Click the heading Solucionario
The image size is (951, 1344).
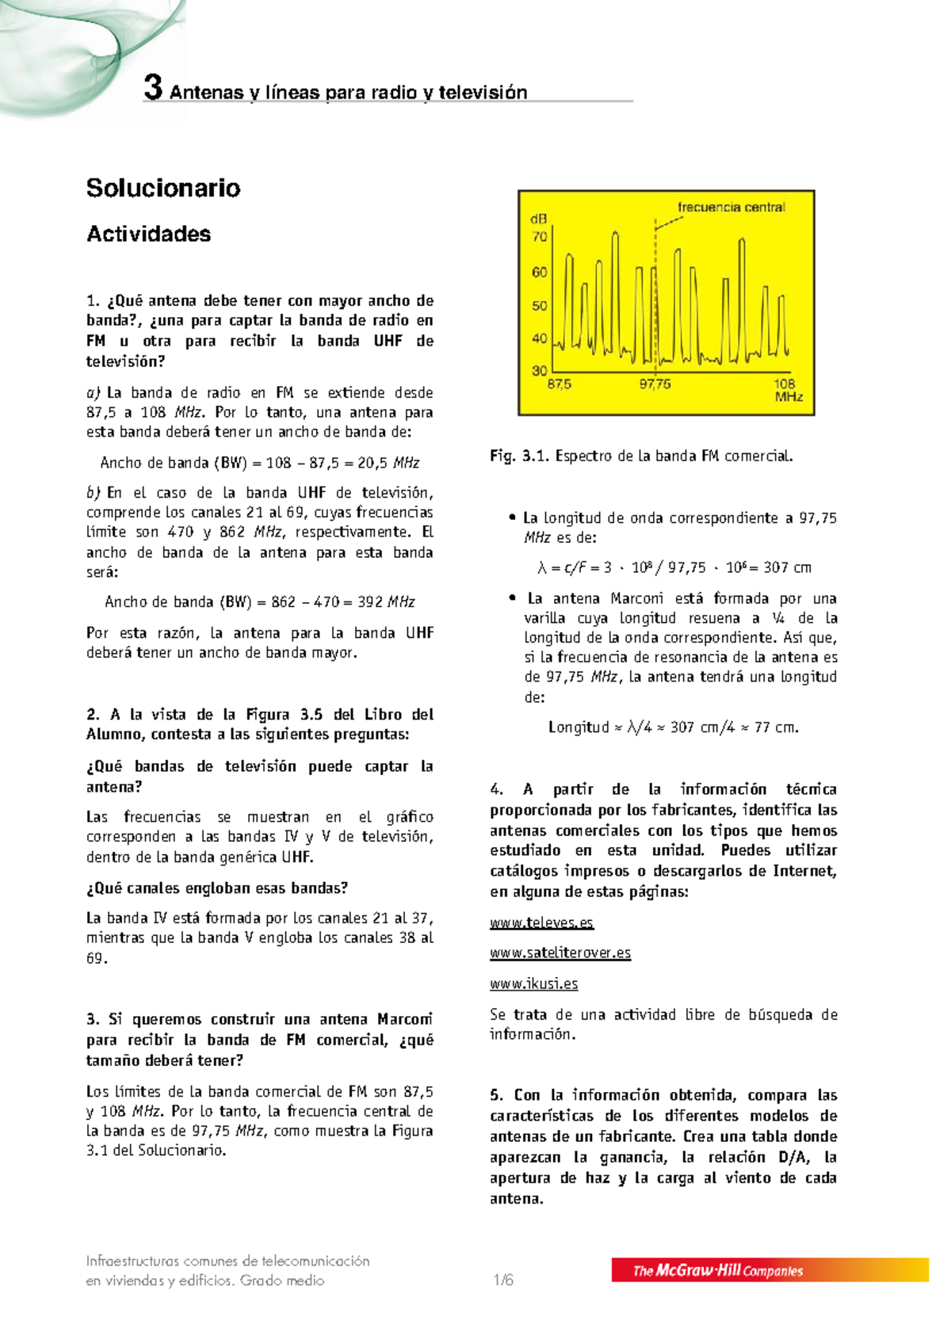click(x=163, y=188)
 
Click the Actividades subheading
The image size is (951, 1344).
click(x=148, y=234)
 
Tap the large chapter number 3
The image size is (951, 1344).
click(x=153, y=88)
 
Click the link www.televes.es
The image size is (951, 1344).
click(x=541, y=922)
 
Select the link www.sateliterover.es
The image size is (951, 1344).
click(x=560, y=953)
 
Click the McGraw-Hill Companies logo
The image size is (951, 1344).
click(x=717, y=1270)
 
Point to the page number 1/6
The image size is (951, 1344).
click(x=503, y=1280)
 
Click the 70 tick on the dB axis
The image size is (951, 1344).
click(x=539, y=236)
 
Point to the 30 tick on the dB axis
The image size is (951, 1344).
click(x=539, y=370)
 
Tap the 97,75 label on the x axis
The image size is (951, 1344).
click(x=655, y=384)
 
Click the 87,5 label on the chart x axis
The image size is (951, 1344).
click(x=559, y=384)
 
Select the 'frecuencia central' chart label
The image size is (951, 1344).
click(x=731, y=208)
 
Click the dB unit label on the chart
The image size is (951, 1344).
click(x=538, y=219)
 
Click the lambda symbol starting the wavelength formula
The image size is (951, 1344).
click(x=542, y=568)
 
